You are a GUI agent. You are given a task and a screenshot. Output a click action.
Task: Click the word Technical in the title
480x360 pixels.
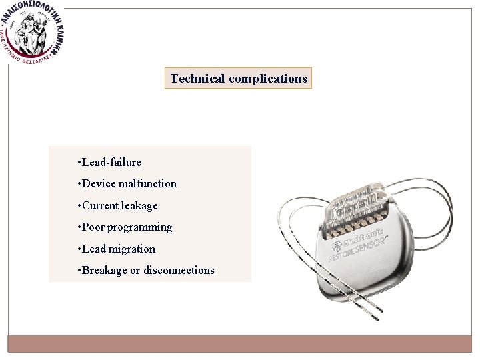click(x=197, y=79)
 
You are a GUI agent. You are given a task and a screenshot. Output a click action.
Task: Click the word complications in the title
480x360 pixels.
click(x=268, y=79)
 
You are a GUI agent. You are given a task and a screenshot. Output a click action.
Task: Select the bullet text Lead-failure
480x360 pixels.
click(x=111, y=162)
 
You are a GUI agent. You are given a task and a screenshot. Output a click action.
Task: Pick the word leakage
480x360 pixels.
click(x=139, y=205)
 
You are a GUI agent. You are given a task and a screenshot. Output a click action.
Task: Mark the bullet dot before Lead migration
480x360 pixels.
click(x=79, y=249)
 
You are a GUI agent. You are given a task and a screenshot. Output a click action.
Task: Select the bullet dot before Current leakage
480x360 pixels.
click(x=79, y=205)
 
